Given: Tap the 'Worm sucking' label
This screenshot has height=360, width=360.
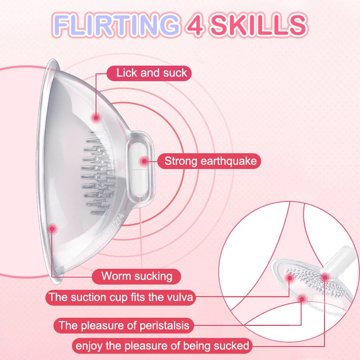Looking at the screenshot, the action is [x=137, y=276].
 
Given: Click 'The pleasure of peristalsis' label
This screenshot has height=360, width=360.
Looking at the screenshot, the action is [x=124, y=324].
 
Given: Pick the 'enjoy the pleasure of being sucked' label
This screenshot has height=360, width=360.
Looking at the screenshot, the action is [x=162, y=346].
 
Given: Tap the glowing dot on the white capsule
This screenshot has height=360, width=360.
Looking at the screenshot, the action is [x=144, y=161].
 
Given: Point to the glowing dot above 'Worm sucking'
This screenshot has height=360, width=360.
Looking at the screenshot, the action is [x=52, y=229].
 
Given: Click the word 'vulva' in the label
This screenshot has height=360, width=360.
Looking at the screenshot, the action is [x=180, y=297].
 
